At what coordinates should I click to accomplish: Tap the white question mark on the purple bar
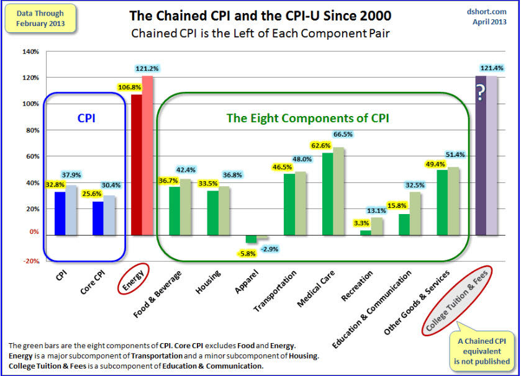480,93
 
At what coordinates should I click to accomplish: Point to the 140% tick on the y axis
30,51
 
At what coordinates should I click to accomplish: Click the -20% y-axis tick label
30,261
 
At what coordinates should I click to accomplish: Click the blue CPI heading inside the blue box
86,118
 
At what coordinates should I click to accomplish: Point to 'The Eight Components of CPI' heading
307,118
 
